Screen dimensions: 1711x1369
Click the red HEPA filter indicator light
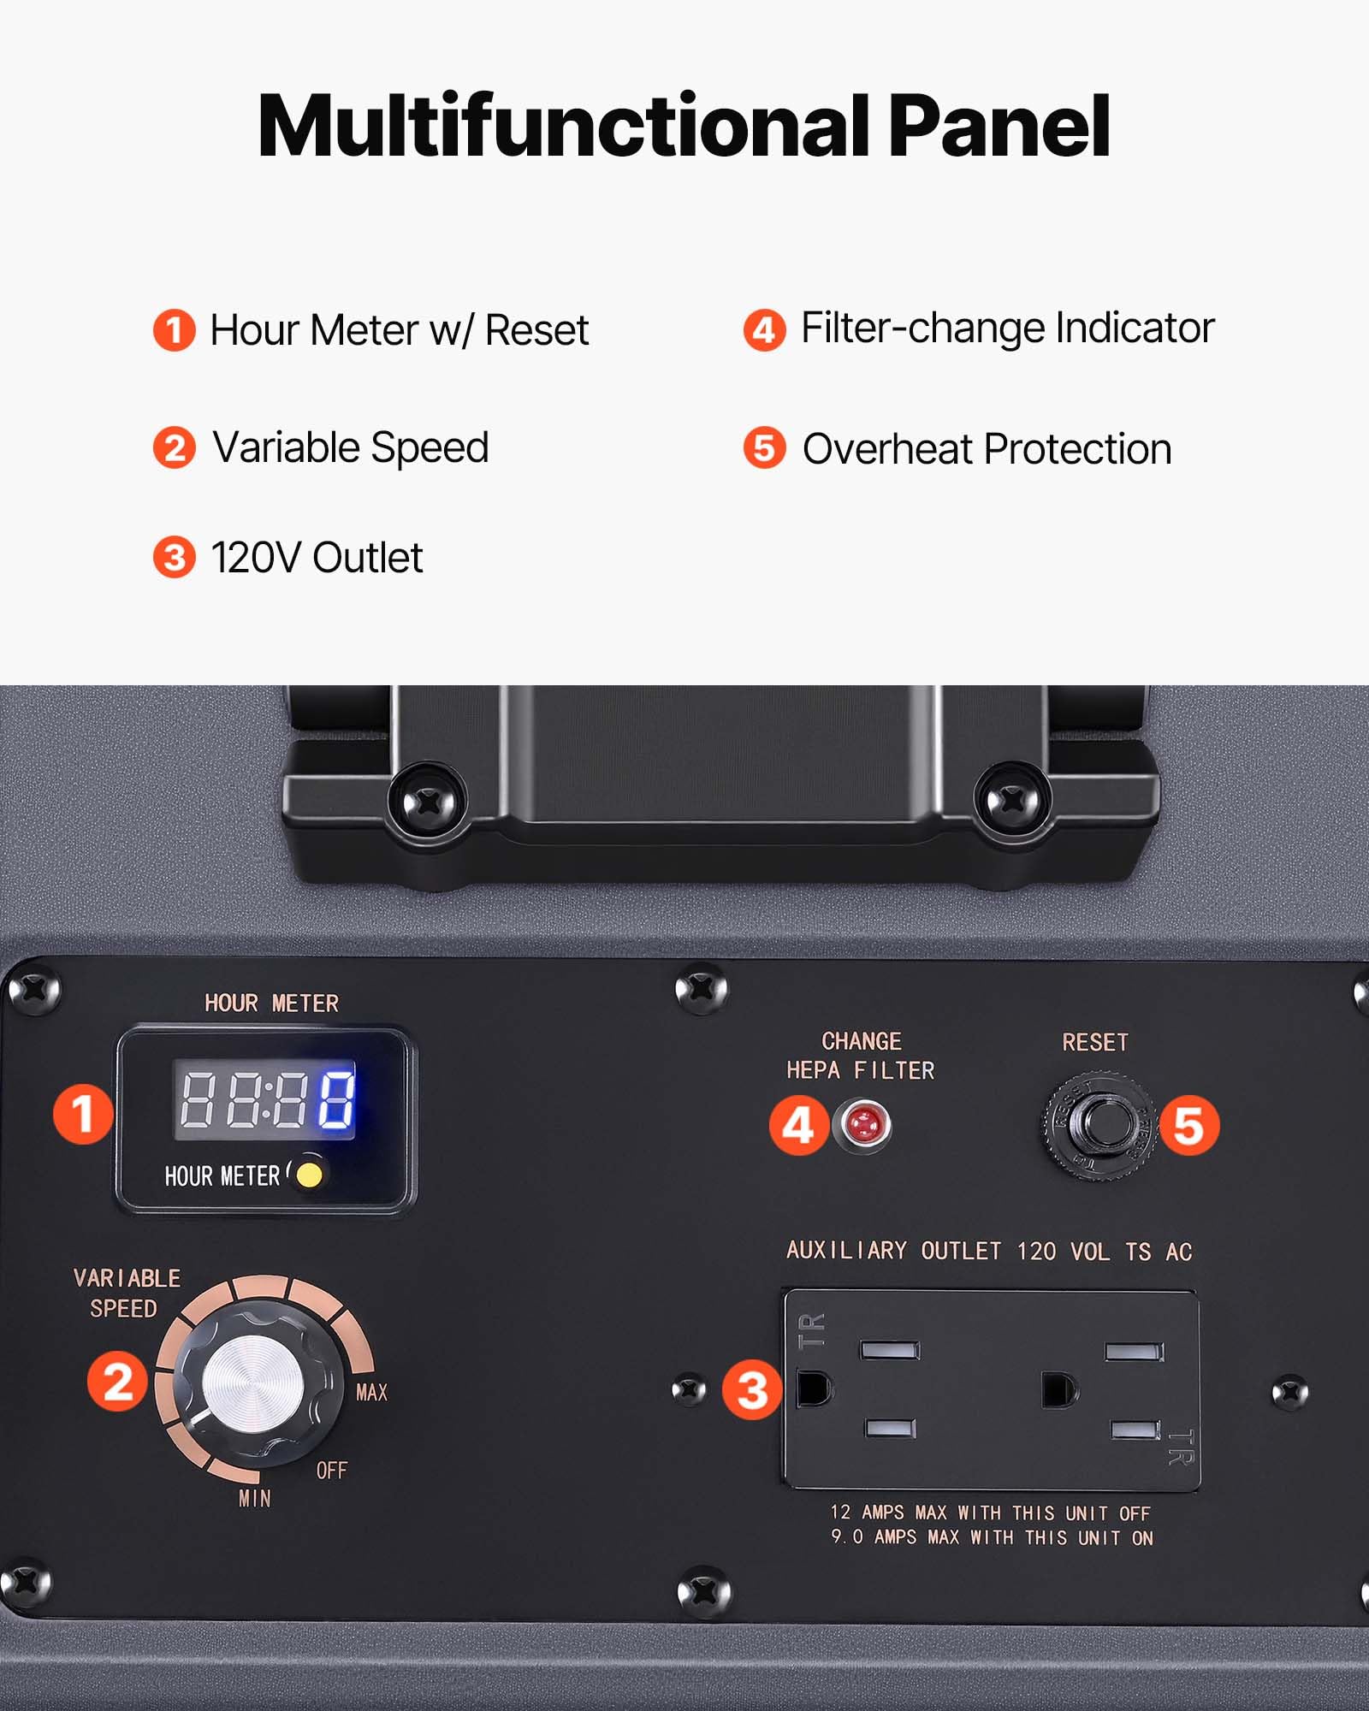pos(866,1124)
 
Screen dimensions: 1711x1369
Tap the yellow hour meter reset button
pos(309,1175)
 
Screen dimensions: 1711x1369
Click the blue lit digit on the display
pos(336,1099)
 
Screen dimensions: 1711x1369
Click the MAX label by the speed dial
pos(371,1393)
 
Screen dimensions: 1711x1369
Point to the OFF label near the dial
pos(332,1471)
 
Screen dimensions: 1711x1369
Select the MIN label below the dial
pos(255,1499)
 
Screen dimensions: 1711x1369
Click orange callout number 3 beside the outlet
pos(752,1389)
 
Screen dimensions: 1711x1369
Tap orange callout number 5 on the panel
pos(1188,1125)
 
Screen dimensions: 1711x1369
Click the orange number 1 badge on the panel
pos(83,1114)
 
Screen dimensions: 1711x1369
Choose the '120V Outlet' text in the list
pos(317,558)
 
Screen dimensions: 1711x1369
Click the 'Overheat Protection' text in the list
pos(987,449)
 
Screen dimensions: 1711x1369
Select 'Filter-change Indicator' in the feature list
pos(1007,329)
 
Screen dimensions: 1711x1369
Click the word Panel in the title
pos(999,127)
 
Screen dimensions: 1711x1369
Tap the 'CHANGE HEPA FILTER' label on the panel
pos(861,1056)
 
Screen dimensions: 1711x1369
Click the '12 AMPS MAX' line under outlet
pos(990,1513)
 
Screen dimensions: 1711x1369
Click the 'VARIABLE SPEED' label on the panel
pos(127,1293)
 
